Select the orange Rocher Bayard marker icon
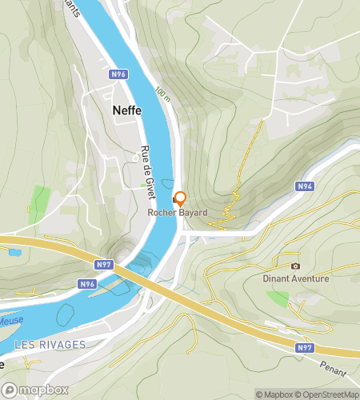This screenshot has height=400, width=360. click(x=180, y=198)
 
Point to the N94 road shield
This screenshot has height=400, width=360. click(x=304, y=186)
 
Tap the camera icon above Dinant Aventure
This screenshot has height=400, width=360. click(x=295, y=266)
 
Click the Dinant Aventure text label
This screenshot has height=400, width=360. click(x=295, y=279)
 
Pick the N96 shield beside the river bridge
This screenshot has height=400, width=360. click(x=88, y=283)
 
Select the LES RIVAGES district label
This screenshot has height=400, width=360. click(x=49, y=344)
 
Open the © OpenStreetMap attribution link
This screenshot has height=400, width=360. click(x=328, y=394)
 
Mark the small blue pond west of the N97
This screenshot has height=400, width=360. click(x=14, y=253)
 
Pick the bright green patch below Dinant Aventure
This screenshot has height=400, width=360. click(x=278, y=298)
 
